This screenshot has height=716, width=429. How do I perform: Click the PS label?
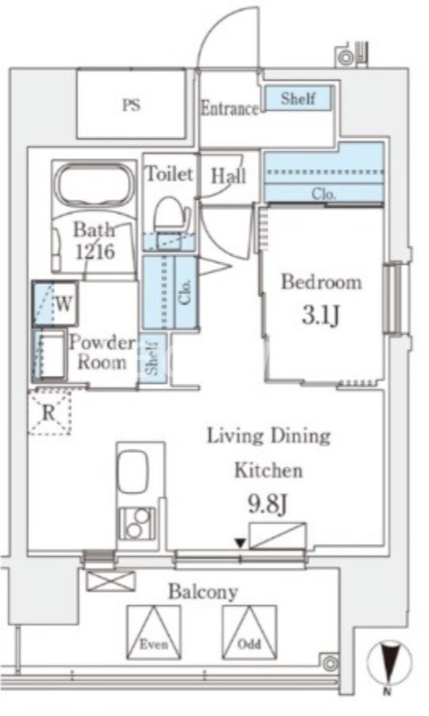point(131,106)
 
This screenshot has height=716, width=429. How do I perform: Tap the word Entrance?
point(230,108)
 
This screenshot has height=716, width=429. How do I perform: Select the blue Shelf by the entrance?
point(299,98)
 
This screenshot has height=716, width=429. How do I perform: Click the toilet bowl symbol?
point(172,214)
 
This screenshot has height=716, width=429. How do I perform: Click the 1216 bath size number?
point(96,251)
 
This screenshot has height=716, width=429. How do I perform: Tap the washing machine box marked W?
point(55,303)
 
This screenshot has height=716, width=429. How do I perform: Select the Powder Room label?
point(101,353)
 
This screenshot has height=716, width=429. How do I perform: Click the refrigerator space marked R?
point(49,413)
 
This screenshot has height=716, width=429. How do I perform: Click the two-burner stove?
point(136,524)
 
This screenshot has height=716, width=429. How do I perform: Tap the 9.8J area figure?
point(267,504)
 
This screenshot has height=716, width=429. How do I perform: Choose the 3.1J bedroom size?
point(321,315)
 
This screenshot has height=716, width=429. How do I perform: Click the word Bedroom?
point(322,282)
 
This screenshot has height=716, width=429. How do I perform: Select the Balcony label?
point(203,592)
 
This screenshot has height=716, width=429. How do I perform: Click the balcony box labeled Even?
point(154,632)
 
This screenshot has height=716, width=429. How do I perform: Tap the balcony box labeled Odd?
point(249,632)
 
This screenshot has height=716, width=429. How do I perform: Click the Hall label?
point(229,175)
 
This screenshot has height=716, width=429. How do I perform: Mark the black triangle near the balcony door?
point(240,543)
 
